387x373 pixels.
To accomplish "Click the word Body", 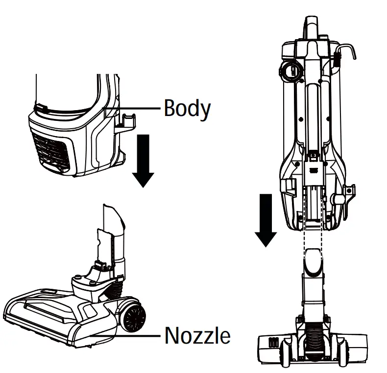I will [187, 109].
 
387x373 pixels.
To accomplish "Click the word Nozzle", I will [197, 336].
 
